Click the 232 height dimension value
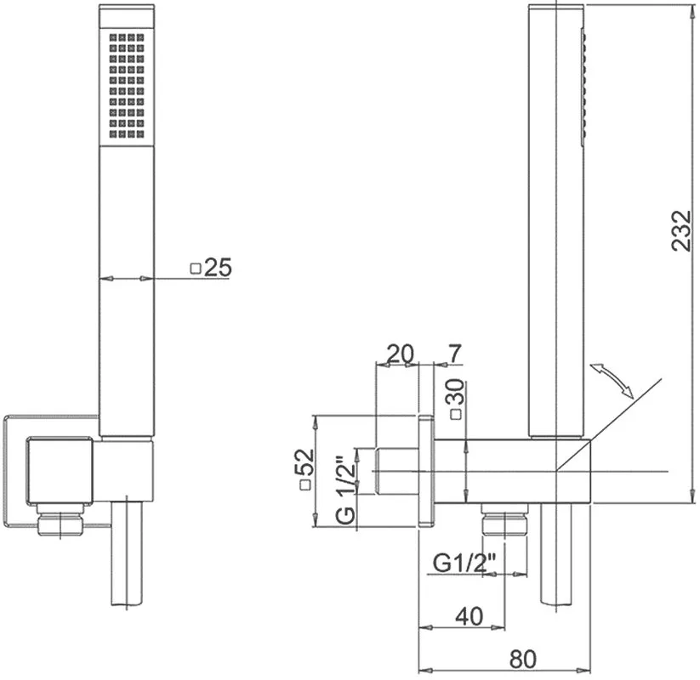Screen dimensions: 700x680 click(681, 230)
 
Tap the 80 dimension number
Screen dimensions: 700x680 click(522, 659)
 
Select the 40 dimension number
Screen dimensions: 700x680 click(470, 616)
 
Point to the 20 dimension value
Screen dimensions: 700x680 click(401, 354)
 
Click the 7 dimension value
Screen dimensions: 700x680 click(454, 354)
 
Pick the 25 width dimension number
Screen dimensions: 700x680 click(219, 267)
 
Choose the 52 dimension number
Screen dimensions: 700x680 click(304, 462)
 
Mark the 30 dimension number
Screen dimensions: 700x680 click(455, 392)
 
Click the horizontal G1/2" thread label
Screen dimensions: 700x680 click(464, 563)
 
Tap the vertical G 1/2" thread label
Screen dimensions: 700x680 click(345, 490)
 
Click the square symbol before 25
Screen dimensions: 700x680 click(196, 269)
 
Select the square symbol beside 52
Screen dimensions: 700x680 click(305, 485)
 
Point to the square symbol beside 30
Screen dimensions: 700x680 click(456, 415)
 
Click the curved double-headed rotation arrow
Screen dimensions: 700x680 click(612, 380)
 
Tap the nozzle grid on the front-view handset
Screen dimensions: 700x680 click(127, 86)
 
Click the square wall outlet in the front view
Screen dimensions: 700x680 click(60, 471)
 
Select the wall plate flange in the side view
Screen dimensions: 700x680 click(426, 471)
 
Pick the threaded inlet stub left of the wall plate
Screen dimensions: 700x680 click(397, 471)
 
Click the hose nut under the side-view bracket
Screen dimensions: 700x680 click(504, 518)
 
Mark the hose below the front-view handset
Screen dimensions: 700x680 click(127, 553)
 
